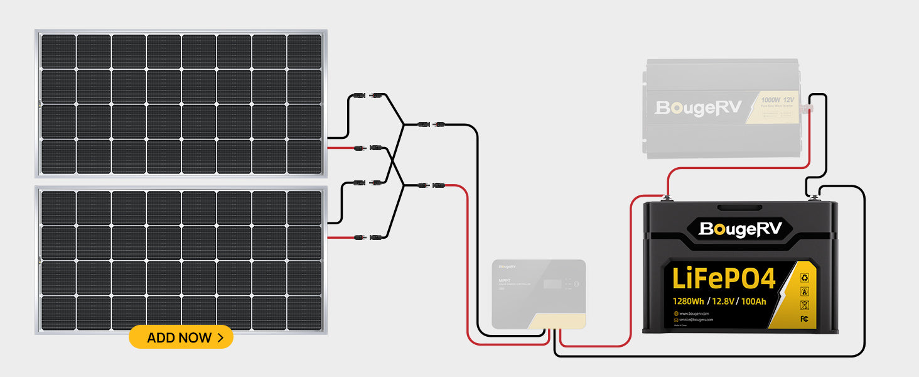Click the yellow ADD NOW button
pyautogui.click(x=181, y=337)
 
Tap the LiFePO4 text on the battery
pyautogui.click(x=723, y=278)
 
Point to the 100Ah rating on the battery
pyautogui.click(x=753, y=300)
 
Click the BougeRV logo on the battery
pyautogui.click(x=741, y=229)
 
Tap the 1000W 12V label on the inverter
pyautogui.click(x=777, y=100)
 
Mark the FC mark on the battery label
pyautogui.click(x=804, y=319)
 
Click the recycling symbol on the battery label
pyautogui.click(x=804, y=277)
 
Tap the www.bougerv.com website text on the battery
pyautogui.click(x=694, y=313)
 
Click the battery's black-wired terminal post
pyautogui.click(x=814, y=199)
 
